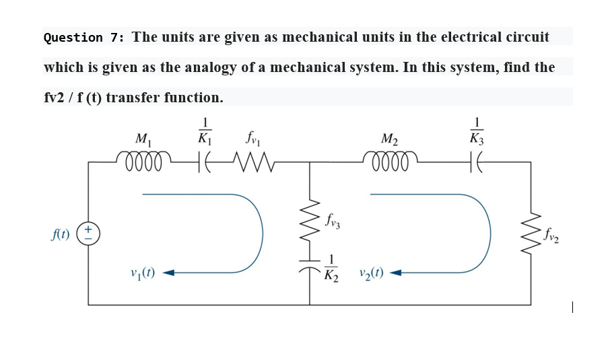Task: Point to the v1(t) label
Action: pyautogui.click(x=144, y=274)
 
